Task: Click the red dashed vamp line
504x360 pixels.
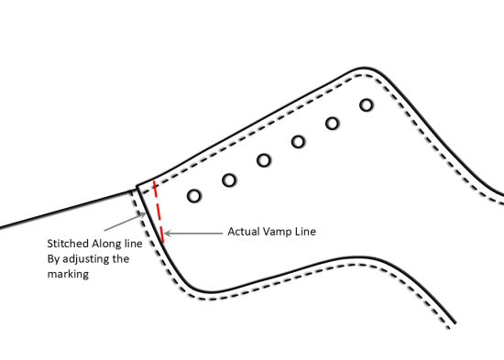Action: coord(158,213)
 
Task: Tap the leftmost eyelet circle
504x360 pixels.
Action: coord(193,195)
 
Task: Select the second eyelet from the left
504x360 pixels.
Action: coord(229,179)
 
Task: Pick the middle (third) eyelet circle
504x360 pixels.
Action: coord(264,160)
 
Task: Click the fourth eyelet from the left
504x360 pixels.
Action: coord(298,141)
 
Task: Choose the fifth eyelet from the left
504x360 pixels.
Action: coord(332,123)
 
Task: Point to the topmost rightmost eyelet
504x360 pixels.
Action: coord(366,104)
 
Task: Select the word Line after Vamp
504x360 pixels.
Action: coord(305,232)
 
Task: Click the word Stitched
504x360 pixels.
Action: coord(67,245)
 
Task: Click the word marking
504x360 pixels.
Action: coord(68,273)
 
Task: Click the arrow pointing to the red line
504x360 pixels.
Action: coord(192,234)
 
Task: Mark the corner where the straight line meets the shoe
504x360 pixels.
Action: coord(137,187)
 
